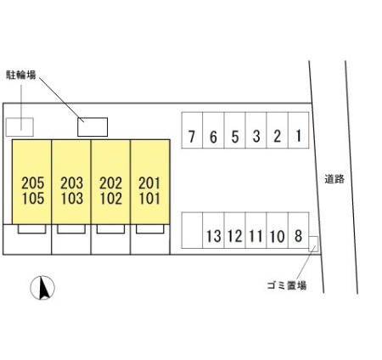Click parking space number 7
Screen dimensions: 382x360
pyautogui.click(x=192, y=130)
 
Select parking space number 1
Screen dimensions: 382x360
pyautogui.click(x=299, y=130)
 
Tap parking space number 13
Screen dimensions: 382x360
pyautogui.click(x=213, y=230)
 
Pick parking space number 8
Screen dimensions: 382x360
pyautogui.click(x=299, y=230)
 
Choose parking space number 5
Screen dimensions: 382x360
pyautogui.click(x=235, y=130)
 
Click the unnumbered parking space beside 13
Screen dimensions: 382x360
pyautogui.click(x=192, y=230)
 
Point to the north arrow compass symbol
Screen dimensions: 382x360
pyautogui.click(x=42, y=288)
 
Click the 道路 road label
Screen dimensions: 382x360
pyautogui.click(x=334, y=179)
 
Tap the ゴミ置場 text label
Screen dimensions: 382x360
pyautogui.click(x=287, y=285)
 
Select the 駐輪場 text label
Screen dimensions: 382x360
pyautogui.click(x=21, y=75)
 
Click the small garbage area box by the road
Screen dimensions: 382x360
pyautogui.click(x=313, y=244)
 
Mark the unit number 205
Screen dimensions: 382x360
pyautogui.click(x=33, y=183)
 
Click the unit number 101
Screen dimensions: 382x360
pyautogui.click(x=149, y=199)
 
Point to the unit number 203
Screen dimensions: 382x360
pyautogui.click(x=72, y=183)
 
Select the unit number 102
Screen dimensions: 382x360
pyautogui.click(x=111, y=199)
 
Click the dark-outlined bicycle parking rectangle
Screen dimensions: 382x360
pyautogui.click(x=93, y=127)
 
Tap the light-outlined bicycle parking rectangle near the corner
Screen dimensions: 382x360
pyautogui.click(x=20, y=127)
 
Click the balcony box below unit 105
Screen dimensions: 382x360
pyautogui.click(x=32, y=229)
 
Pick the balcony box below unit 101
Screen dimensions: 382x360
pyautogui.click(x=150, y=229)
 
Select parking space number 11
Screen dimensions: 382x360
pyautogui.click(x=256, y=230)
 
